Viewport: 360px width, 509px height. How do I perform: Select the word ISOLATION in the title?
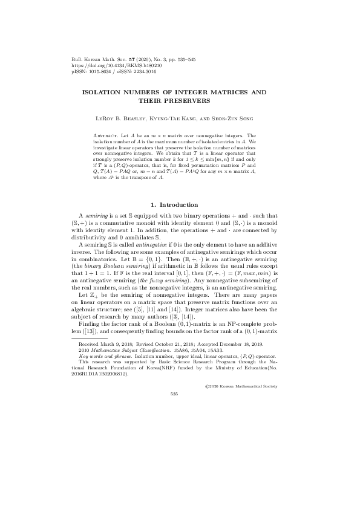click(106, 91)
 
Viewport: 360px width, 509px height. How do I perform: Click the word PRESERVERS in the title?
click(189, 100)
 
